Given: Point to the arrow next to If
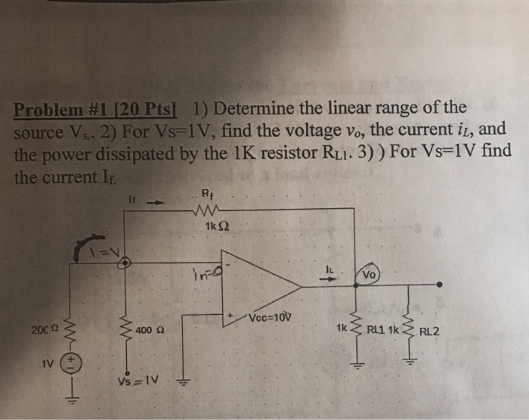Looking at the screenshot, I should [x=155, y=203].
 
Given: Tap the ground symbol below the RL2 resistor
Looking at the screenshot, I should [x=411, y=362].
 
